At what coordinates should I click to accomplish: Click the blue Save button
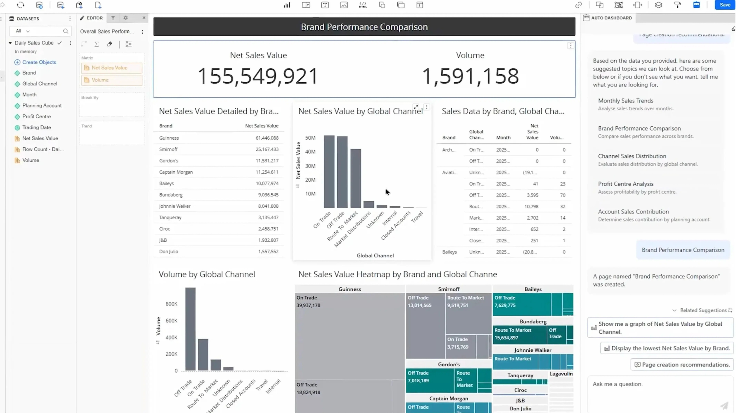724,5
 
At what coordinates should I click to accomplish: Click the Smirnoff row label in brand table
168,149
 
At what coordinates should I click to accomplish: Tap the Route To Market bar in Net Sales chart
356,178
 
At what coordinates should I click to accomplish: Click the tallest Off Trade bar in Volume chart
191,329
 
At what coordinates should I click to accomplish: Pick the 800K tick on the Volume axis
171,304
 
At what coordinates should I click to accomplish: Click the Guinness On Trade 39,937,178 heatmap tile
349,336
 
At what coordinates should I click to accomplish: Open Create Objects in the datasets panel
39,62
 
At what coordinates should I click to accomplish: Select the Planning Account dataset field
42,106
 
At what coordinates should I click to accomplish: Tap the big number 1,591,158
470,76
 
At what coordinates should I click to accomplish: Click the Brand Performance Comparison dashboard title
364,27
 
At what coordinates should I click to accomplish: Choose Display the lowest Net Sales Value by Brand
670,348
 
